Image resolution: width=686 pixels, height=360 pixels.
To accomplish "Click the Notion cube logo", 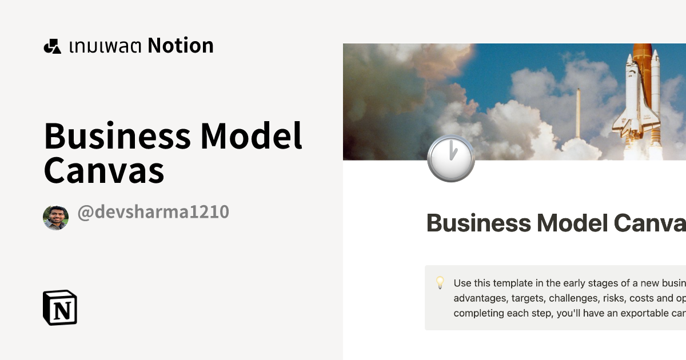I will click(x=60, y=308).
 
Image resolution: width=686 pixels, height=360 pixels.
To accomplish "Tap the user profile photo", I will click(x=55, y=218).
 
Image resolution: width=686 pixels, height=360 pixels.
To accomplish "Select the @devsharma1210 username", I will click(x=153, y=212).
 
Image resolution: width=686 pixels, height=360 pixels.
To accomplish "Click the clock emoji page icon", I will click(x=451, y=158).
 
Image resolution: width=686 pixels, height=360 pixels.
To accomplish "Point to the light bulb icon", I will click(x=440, y=282).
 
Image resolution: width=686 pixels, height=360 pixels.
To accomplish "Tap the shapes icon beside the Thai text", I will click(x=53, y=46).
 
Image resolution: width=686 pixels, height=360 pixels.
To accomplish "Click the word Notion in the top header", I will click(x=181, y=46).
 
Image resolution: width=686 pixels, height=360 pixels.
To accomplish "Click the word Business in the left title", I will click(x=117, y=137).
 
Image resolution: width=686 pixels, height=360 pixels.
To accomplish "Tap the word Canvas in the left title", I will click(x=104, y=171).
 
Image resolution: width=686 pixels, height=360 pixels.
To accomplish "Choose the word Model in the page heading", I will click(x=571, y=223).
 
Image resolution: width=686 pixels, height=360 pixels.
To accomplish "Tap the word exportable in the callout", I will click(x=623, y=313).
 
